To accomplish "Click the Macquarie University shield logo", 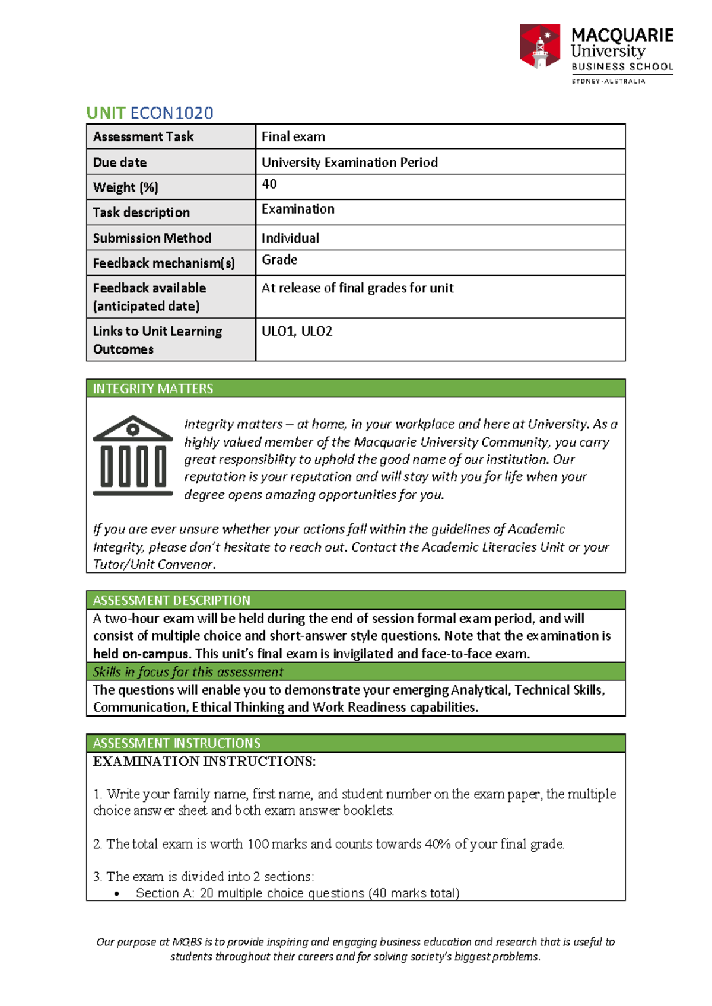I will coord(539,46).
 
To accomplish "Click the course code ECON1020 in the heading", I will coord(171,113).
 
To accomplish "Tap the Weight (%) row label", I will coord(125,187).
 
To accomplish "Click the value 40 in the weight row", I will coord(269,184).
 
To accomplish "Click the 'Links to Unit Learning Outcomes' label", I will coord(157,340).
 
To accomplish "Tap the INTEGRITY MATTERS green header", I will coord(355,389).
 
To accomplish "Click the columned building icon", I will coord(133,456).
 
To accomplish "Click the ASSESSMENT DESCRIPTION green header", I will coord(355,600).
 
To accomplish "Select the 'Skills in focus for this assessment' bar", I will coord(355,671).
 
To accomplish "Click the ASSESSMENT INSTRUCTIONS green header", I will coord(355,743).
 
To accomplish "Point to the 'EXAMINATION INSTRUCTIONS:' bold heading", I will coord(204,762).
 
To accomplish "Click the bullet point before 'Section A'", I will coord(117,894).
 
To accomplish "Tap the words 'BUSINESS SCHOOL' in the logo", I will coord(622,67).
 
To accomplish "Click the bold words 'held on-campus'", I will coord(141,654).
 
